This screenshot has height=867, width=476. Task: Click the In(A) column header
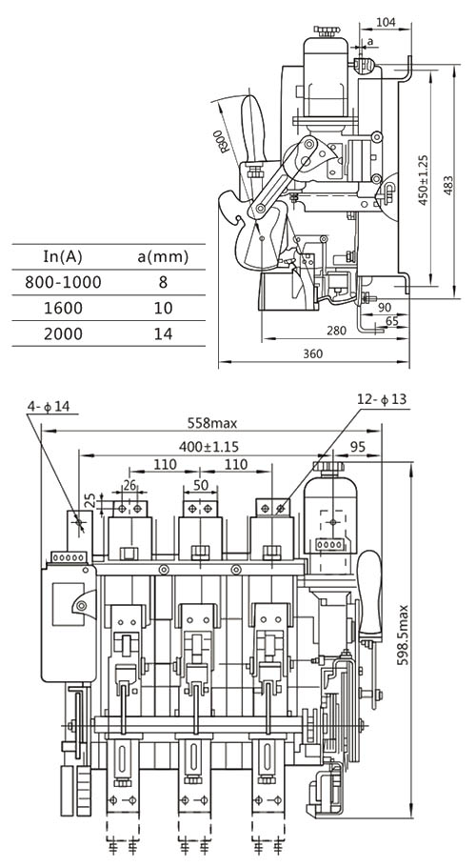point(63,256)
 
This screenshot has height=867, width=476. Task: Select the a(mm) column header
point(163,256)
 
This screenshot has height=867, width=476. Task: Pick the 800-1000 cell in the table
point(64,282)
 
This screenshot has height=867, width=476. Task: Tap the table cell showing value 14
point(163,333)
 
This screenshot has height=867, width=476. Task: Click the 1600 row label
point(63,308)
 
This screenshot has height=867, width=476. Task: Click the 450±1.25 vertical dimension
point(424,180)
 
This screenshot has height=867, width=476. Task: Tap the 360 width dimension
point(313,353)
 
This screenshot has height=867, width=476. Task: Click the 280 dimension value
point(336,331)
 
